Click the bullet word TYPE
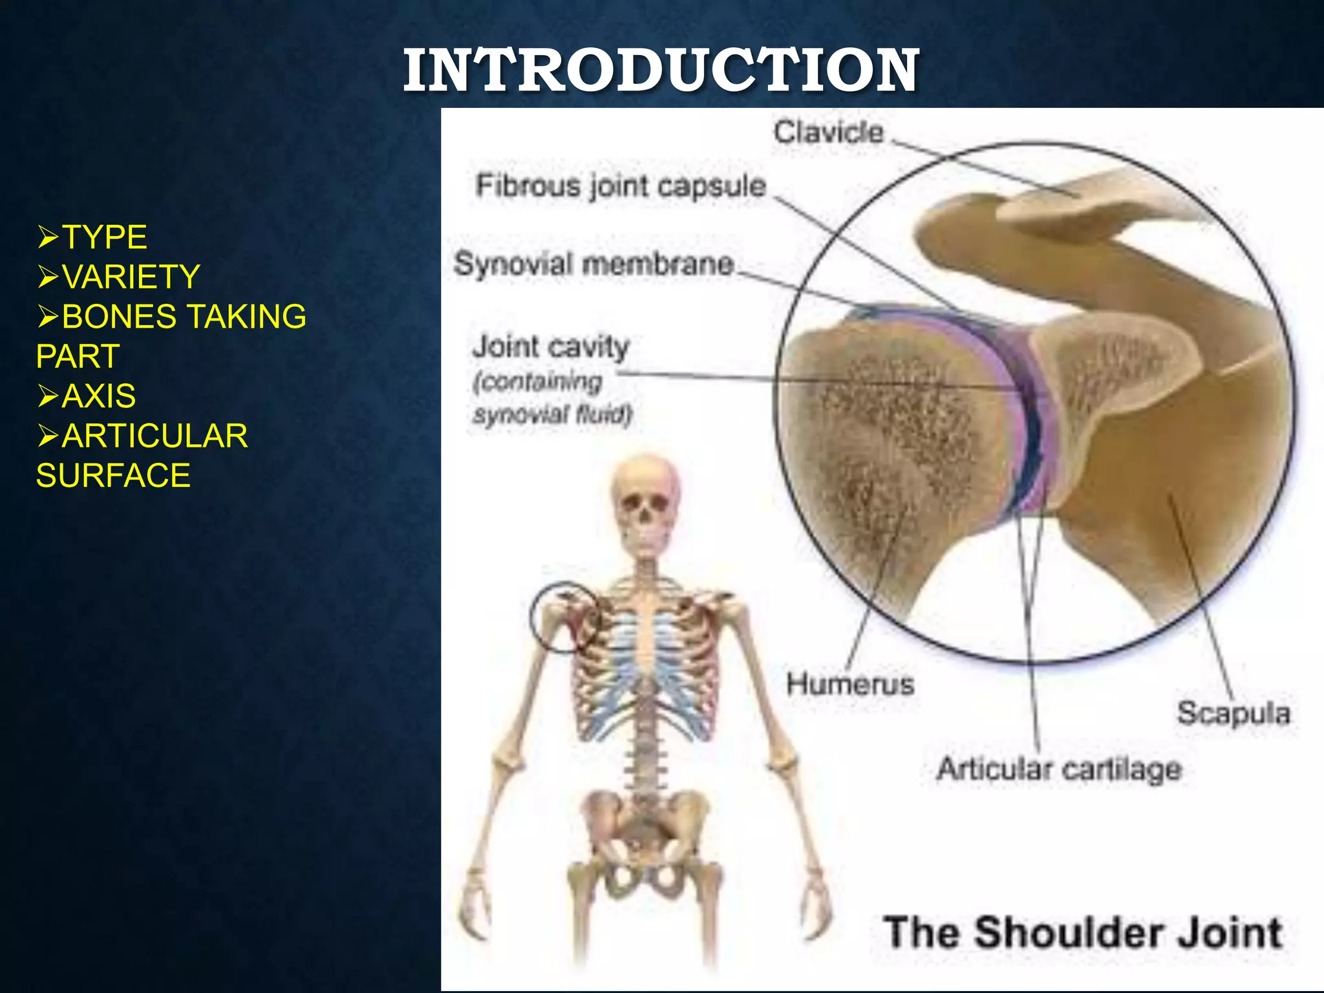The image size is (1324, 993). tap(105, 237)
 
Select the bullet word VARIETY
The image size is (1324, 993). tap(131, 277)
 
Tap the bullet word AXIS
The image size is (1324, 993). tap(99, 396)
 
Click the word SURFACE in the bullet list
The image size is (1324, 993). tap(113, 476)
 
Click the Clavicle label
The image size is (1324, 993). tap(828, 133)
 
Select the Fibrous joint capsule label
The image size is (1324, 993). tap(621, 186)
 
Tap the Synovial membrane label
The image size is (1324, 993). tap(593, 264)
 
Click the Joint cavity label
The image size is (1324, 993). tap(550, 347)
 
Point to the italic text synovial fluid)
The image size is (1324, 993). tap(552, 414)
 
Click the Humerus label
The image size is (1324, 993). tap(849, 684)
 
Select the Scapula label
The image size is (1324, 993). tap(1233, 714)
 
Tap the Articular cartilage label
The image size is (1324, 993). tap(1059, 769)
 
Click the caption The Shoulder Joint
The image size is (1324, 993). tap(1082, 933)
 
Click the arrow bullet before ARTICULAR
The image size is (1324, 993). tap(48, 436)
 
